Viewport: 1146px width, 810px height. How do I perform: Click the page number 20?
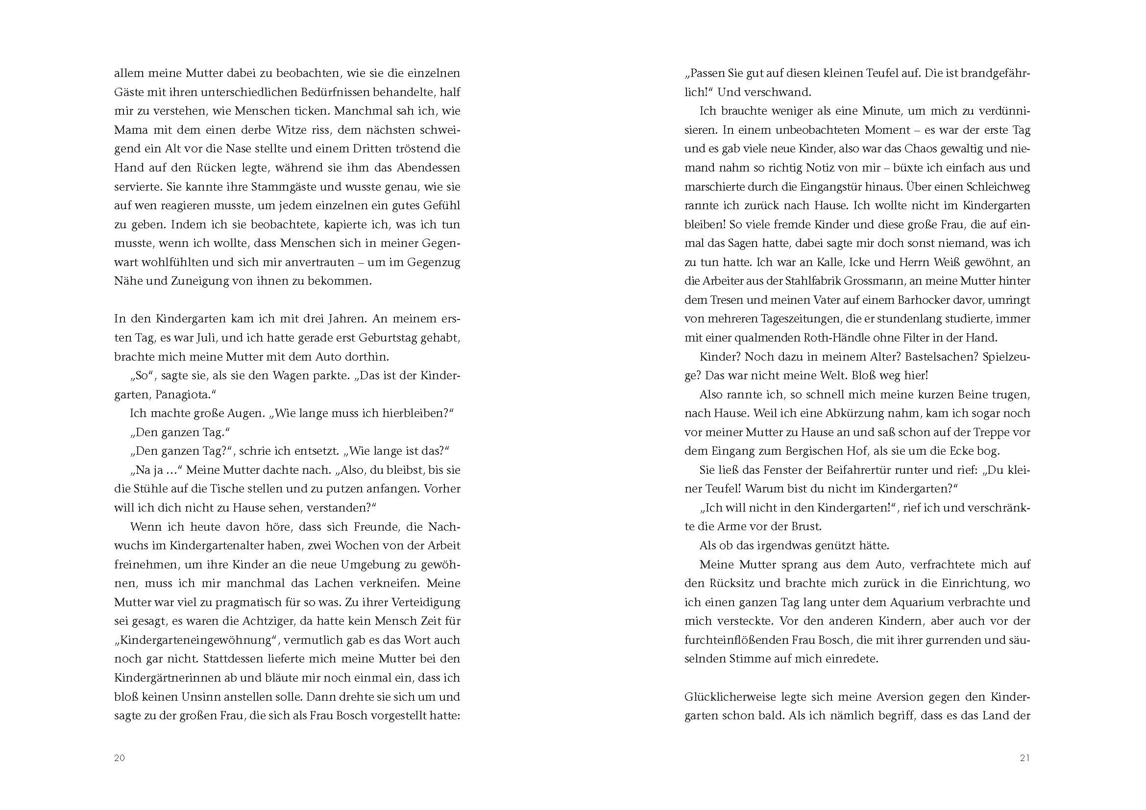pos(119,758)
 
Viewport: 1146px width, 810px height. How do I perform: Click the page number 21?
pos(1024,758)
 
